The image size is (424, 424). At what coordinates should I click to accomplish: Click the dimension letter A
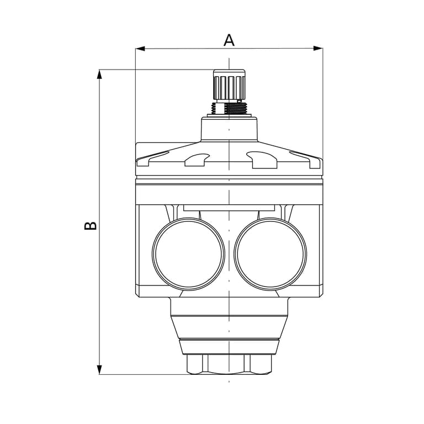point(229,40)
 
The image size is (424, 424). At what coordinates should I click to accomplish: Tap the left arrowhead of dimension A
point(140,49)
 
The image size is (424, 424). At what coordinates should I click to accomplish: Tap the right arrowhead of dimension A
point(318,49)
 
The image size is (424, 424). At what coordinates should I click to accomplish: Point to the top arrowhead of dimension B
point(100,75)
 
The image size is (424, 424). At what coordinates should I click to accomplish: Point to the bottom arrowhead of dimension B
point(100,370)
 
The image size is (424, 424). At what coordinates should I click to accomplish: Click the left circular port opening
point(188,254)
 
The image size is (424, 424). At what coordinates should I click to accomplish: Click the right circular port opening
point(271,254)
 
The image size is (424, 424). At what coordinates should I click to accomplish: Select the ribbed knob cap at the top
point(229,84)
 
